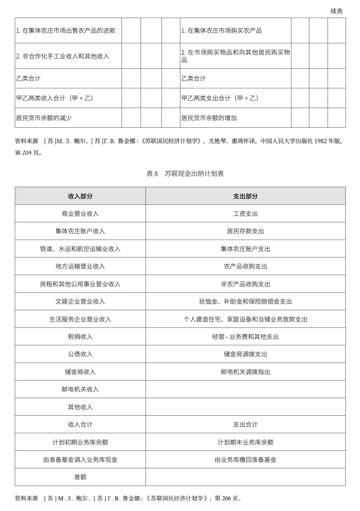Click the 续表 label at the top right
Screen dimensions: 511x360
coord(337,11)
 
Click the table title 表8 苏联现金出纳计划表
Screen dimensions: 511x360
coord(185,174)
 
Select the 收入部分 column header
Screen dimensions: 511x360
coord(80,196)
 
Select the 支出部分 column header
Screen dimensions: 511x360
coord(245,196)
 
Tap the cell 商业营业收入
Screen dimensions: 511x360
coord(80,214)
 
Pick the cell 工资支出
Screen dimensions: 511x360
coord(245,214)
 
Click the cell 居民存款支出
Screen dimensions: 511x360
coord(245,231)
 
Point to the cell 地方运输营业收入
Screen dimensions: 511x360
coord(80,266)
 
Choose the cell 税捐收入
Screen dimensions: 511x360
coord(80,337)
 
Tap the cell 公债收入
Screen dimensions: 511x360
coord(80,354)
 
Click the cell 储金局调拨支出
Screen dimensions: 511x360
coord(245,354)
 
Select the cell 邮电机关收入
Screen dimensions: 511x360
coord(80,389)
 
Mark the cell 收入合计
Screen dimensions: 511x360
coord(80,424)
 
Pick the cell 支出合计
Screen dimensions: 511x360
coord(245,424)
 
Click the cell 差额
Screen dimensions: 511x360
coord(80,477)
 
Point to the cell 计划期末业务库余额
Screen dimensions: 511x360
coord(245,442)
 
